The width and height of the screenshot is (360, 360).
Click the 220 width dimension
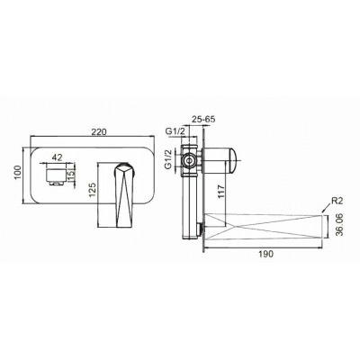(x=99, y=131)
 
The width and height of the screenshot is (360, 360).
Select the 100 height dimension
(x=18, y=173)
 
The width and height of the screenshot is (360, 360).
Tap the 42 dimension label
(x=57, y=157)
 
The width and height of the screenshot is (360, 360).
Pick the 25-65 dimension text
(x=203, y=119)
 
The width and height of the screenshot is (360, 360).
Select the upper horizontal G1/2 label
(x=175, y=130)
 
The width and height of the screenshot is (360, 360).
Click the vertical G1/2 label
(x=169, y=158)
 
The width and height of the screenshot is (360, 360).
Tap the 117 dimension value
(x=220, y=191)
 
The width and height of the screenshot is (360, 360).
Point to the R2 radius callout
(x=337, y=201)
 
